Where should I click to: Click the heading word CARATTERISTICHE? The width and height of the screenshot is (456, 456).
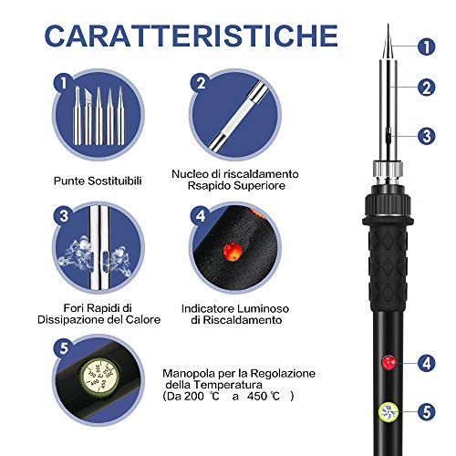192,36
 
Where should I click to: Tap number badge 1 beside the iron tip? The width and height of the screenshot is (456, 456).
427,47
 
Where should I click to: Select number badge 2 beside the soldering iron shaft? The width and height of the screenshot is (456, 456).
427,88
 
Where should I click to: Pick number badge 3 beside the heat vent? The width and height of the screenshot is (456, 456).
427,136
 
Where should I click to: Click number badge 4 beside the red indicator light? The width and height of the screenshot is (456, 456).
427,363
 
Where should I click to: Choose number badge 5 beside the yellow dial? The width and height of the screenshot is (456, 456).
427,412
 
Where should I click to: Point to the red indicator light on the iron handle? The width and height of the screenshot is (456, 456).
389,362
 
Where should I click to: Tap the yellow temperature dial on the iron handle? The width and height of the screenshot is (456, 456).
389,412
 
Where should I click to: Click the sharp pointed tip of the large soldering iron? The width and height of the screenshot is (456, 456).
388,25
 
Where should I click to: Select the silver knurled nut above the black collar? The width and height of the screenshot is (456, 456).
389,172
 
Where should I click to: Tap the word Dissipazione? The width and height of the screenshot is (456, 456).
70,320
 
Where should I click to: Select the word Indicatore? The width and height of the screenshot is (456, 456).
208,309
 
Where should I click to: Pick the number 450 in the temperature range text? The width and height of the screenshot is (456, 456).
257,396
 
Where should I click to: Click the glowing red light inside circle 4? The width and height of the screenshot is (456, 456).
233,252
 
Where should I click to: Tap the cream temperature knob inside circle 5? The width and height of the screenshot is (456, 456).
99,378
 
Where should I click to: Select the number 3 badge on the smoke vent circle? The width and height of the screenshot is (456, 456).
64,216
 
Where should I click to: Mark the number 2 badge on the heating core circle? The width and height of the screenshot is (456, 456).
201,83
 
